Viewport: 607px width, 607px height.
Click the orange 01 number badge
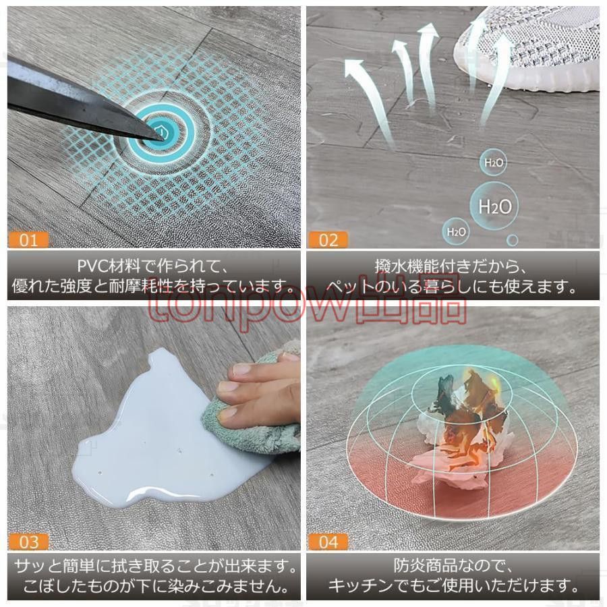(28, 240)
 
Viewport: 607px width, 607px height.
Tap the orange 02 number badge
(328, 240)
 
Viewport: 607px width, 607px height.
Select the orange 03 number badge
(28, 542)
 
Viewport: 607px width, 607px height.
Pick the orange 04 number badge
(328, 542)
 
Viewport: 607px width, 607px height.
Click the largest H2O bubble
(495, 206)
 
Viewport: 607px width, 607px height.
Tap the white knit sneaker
(530, 49)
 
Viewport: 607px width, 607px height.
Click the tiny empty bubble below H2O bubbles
(512, 240)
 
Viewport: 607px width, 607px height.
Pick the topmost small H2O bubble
(494, 163)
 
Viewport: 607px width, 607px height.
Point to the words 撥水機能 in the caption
(407, 266)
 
